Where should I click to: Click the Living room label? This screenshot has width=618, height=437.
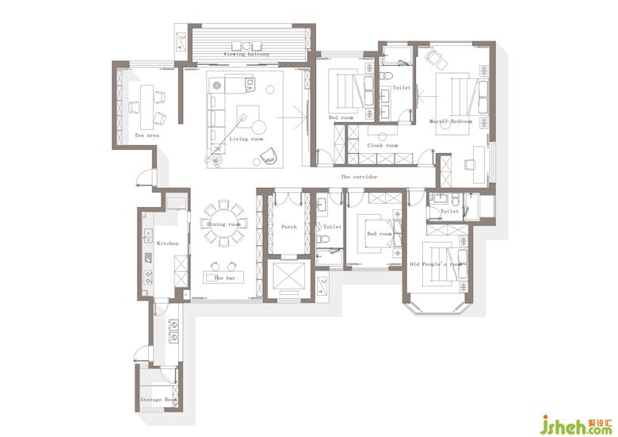pyautogui.click(x=246, y=139)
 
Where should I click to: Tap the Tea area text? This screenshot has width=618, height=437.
pyautogui.click(x=147, y=136)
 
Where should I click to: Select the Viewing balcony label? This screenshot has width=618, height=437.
pyautogui.click(x=246, y=54)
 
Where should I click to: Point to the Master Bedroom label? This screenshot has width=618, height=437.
pyautogui.click(x=451, y=121)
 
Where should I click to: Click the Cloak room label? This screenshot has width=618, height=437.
pyautogui.click(x=383, y=146)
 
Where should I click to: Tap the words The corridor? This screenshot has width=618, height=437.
pyautogui.click(x=359, y=177)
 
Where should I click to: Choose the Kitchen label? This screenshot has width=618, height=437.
pyautogui.click(x=167, y=243)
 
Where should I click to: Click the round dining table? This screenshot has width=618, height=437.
pyautogui.click(x=223, y=224)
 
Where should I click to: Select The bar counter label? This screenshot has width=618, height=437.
pyautogui.click(x=224, y=278)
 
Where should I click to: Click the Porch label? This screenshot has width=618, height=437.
pyautogui.click(x=289, y=227)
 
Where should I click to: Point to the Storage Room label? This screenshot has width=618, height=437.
pyautogui.click(x=158, y=400)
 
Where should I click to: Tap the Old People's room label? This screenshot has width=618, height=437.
pyautogui.click(x=436, y=264)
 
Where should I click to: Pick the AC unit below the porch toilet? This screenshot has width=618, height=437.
pyautogui.click(x=322, y=286)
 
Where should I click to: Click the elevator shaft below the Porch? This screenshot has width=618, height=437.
pyautogui.click(x=289, y=278)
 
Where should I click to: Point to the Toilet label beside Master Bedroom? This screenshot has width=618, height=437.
pyautogui.click(x=401, y=88)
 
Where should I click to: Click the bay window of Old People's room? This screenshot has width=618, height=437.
pyautogui.click(x=437, y=309)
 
